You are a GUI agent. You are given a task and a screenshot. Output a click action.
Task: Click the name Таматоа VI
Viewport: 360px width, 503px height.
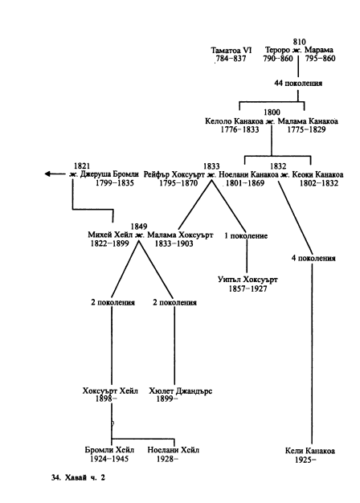[x=231, y=51]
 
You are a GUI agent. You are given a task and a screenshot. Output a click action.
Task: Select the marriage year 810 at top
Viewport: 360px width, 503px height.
[x=299, y=42]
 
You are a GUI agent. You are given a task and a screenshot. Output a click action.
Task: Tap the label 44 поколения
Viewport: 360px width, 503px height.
[x=298, y=83]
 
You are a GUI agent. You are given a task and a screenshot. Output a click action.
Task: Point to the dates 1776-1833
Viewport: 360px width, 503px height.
[x=239, y=129]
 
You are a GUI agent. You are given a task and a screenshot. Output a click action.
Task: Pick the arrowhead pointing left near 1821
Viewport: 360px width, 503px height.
[x=47, y=174]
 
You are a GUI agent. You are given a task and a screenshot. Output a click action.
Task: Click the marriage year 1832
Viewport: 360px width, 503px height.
[x=278, y=166]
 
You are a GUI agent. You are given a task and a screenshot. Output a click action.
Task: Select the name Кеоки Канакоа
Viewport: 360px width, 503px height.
[x=317, y=174]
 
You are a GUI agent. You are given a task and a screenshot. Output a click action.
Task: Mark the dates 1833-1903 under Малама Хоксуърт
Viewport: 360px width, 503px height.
[x=174, y=243]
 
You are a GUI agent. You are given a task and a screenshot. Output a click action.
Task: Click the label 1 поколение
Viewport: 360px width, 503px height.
[x=246, y=235]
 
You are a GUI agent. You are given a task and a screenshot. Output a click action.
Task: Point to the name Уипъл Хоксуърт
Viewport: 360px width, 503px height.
[x=247, y=280]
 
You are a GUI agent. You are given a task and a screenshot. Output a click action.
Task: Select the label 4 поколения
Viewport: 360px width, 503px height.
[x=313, y=258]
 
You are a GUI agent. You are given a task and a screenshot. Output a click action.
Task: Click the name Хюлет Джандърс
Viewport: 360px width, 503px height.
[x=180, y=391]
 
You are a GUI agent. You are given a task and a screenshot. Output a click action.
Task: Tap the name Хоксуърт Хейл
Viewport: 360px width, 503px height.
[x=110, y=391]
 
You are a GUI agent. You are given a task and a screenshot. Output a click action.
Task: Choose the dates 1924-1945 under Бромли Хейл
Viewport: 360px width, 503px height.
[x=109, y=459]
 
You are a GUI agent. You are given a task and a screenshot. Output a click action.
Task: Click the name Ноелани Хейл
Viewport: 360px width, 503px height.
[x=174, y=450]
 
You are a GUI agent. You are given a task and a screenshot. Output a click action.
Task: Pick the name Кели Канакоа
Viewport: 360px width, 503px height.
[x=310, y=451]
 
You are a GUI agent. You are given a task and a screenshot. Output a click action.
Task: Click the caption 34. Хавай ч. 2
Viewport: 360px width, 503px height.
[x=78, y=477]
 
